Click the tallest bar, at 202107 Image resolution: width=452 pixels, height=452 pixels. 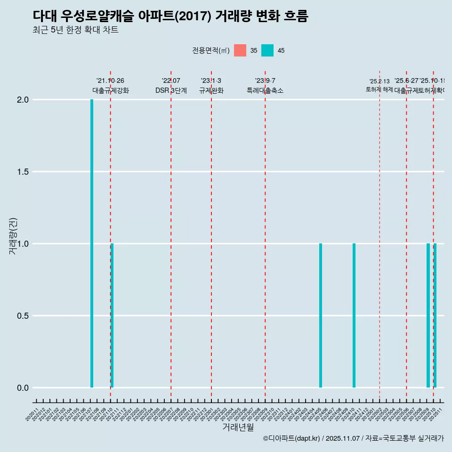tap(92, 243)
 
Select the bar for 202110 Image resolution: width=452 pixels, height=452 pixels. tap(112, 315)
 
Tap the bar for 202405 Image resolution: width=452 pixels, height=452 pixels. tap(321, 315)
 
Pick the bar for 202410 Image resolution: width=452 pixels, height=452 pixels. tap(354, 315)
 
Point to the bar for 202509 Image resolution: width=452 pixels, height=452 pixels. tap(428, 315)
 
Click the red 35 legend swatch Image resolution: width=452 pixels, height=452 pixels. tap(240, 50)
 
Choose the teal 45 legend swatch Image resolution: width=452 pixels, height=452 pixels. tap(267, 50)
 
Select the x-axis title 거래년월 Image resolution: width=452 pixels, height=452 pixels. tap(238, 428)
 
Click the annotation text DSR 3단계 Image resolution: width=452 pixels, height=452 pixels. tap(171, 90)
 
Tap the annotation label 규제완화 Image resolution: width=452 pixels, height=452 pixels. tap(211, 90)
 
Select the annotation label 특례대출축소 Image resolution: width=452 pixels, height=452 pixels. tap(265, 90)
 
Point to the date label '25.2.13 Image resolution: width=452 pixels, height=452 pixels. tap(379, 81)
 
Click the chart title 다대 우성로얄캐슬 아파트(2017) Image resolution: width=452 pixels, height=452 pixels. tap(170, 16)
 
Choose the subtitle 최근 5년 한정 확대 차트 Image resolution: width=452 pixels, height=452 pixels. tap(75, 30)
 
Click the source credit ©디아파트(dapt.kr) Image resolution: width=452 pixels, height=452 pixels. tap(291, 438)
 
